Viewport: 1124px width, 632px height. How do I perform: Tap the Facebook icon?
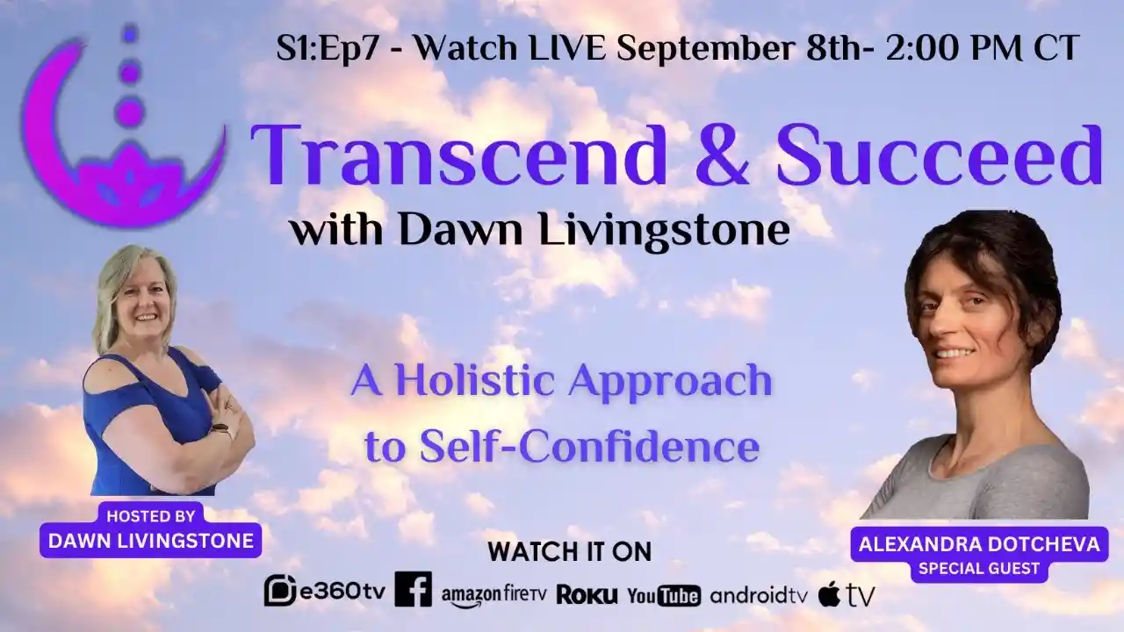click(413, 589)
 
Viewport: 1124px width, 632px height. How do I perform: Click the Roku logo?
click(587, 594)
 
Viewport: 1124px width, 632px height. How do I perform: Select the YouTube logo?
click(664, 594)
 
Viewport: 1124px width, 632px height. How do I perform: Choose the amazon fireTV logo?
click(494, 594)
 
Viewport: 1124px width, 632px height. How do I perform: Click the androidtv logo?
click(759, 594)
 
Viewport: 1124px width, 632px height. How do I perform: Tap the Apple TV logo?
click(847, 594)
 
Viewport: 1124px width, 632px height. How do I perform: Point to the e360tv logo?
click(325, 592)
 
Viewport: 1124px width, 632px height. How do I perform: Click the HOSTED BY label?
click(150, 515)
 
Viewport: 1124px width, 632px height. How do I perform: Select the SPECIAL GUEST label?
click(979, 568)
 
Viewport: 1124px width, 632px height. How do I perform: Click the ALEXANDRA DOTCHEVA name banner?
click(979, 544)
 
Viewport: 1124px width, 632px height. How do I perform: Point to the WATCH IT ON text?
click(570, 552)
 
